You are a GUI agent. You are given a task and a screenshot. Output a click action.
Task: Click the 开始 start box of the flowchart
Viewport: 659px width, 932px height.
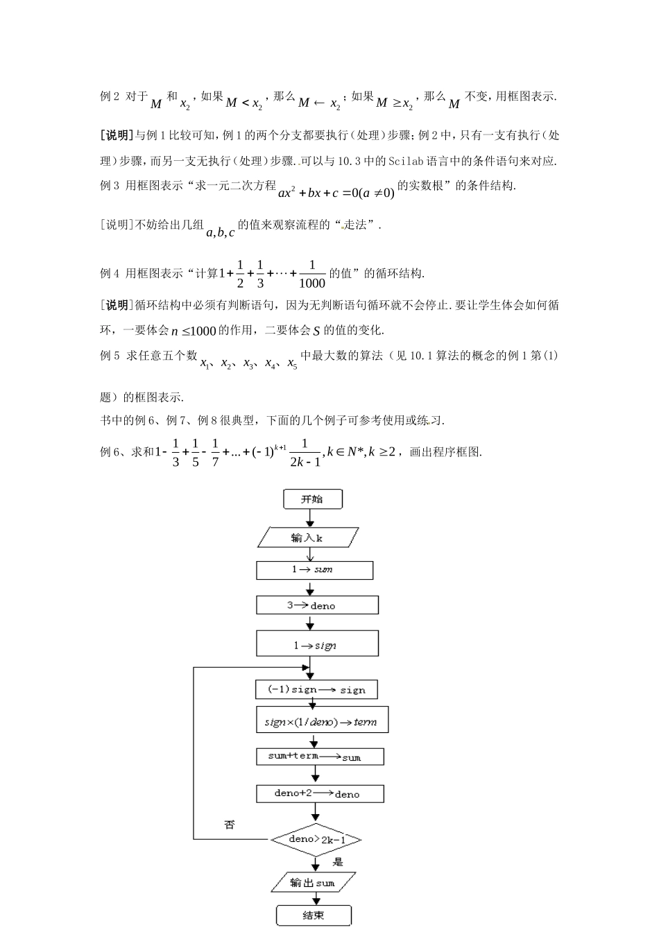[312, 499]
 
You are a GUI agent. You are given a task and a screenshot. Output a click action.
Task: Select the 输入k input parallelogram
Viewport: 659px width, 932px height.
[307, 537]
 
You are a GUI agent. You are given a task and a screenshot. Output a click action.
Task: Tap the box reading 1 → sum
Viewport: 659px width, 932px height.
[314, 570]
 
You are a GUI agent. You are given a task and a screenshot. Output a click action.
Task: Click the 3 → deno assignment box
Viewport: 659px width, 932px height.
[317, 605]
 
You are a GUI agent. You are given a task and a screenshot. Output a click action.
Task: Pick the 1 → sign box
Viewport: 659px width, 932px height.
[317, 644]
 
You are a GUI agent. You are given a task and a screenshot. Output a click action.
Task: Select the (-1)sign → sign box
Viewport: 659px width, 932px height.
[317, 689]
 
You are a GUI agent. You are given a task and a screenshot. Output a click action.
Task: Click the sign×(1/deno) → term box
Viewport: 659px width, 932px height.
[321, 721]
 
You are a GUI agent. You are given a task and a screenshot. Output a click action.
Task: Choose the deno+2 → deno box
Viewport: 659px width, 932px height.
[319, 793]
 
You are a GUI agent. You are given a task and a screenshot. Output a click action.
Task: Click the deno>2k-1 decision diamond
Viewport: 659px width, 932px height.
[316, 840]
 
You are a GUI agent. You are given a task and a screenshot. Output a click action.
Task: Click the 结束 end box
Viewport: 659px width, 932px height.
[314, 915]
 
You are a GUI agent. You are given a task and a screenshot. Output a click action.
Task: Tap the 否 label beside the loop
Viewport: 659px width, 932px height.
[230, 825]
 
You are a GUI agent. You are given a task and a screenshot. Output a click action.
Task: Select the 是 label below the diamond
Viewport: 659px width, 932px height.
[338, 862]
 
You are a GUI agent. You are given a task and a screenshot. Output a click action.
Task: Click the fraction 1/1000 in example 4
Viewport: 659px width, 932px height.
[312, 274]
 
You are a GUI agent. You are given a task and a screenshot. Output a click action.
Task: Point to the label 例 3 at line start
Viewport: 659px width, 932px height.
[110, 185]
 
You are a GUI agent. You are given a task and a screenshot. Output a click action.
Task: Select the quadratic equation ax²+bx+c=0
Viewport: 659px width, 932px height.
[336, 192]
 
